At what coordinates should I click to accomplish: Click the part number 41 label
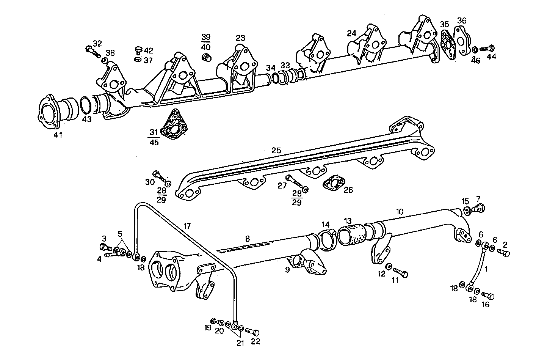coord(58,135)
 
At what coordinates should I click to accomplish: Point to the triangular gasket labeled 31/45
coord(174,124)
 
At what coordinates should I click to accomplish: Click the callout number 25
coord(276,151)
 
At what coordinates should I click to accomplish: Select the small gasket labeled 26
coord(333,184)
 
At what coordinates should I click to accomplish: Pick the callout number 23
coord(240,38)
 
